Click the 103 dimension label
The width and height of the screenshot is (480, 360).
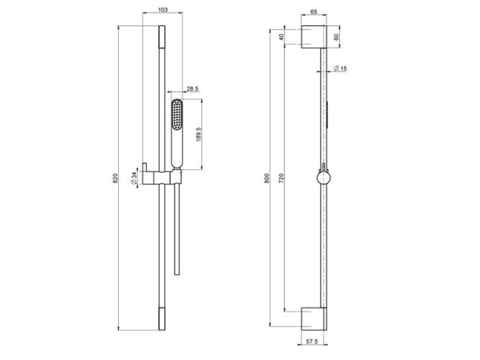tap(163, 9)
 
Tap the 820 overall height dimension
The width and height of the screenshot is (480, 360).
tap(115, 179)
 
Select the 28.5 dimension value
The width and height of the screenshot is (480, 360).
tap(193, 89)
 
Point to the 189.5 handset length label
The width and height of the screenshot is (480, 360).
tap(199, 134)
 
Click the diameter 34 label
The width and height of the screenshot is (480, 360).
tap(133, 178)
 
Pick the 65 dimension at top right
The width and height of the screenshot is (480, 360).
tap(314, 12)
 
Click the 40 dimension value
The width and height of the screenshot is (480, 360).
tap(282, 37)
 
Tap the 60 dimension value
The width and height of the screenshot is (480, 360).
tap(336, 37)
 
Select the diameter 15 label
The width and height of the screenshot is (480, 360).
tap(340, 68)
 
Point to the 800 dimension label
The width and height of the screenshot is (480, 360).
tap(267, 179)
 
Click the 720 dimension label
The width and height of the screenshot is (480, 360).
tap(281, 179)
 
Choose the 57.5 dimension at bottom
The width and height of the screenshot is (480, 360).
tap(312, 341)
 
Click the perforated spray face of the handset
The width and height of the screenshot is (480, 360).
tap(176, 115)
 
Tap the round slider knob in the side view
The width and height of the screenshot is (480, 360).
tap(322, 178)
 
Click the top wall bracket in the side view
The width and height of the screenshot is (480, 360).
tap(314, 37)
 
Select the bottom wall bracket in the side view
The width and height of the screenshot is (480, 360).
tap(314, 319)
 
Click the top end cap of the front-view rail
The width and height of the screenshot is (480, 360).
tap(162, 37)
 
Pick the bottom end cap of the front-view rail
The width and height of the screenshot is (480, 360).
tap(162, 319)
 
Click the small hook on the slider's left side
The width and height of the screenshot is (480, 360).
tap(145, 167)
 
